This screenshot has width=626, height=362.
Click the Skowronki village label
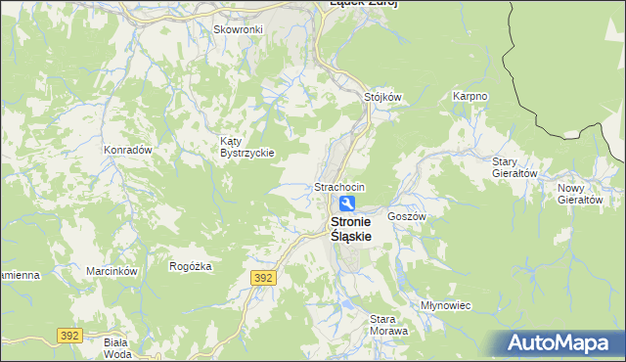(x=238, y=29)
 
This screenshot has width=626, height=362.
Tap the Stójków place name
(x=383, y=97)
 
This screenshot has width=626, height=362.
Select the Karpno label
(x=469, y=97)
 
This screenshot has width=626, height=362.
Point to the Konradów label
(x=127, y=150)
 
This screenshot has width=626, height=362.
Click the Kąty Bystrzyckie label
(x=246, y=147)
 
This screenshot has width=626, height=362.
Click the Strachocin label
(x=339, y=187)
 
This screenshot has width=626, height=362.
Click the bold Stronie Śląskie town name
(x=348, y=229)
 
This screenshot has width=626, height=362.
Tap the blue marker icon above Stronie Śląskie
(x=347, y=204)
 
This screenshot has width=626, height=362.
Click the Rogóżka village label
(x=190, y=266)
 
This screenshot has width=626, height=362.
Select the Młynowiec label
(x=445, y=305)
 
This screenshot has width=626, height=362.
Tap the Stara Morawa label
(x=388, y=325)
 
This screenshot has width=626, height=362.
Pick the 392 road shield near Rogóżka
(x=262, y=278)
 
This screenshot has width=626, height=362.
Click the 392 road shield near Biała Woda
(x=68, y=335)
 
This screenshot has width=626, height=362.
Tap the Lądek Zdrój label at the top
(x=363, y=4)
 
